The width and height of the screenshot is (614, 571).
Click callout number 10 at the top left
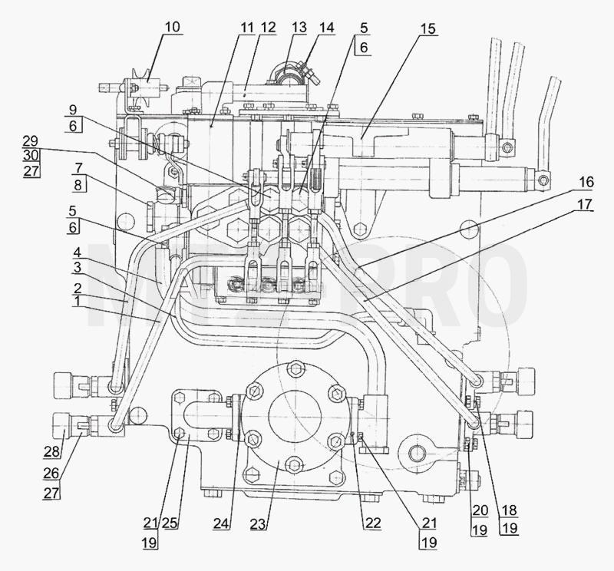click(x=172, y=27)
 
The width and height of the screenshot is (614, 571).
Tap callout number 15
click(x=428, y=28)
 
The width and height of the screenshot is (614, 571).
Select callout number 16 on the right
click(x=586, y=182)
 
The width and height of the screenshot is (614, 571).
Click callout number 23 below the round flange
click(x=258, y=524)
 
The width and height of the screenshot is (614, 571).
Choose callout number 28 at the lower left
click(x=51, y=451)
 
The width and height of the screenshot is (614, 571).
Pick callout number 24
click(x=222, y=523)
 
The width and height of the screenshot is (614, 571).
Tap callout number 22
click(x=373, y=523)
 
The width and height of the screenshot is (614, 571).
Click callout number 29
click(x=31, y=141)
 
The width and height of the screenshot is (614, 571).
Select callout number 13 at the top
click(x=299, y=28)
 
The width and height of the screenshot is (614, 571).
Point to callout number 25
click(x=170, y=523)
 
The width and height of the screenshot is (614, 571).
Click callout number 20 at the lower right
click(x=480, y=510)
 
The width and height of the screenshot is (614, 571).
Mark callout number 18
click(x=509, y=510)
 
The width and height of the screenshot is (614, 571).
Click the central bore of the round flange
click(x=295, y=414)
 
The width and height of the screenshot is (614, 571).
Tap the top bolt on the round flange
click(x=295, y=368)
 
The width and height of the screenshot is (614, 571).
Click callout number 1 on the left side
click(x=78, y=301)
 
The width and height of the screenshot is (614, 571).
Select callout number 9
click(x=73, y=110)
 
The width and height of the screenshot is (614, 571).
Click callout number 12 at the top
click(x=268, y=28)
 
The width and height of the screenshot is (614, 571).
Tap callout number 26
click(x=51, y=474)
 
